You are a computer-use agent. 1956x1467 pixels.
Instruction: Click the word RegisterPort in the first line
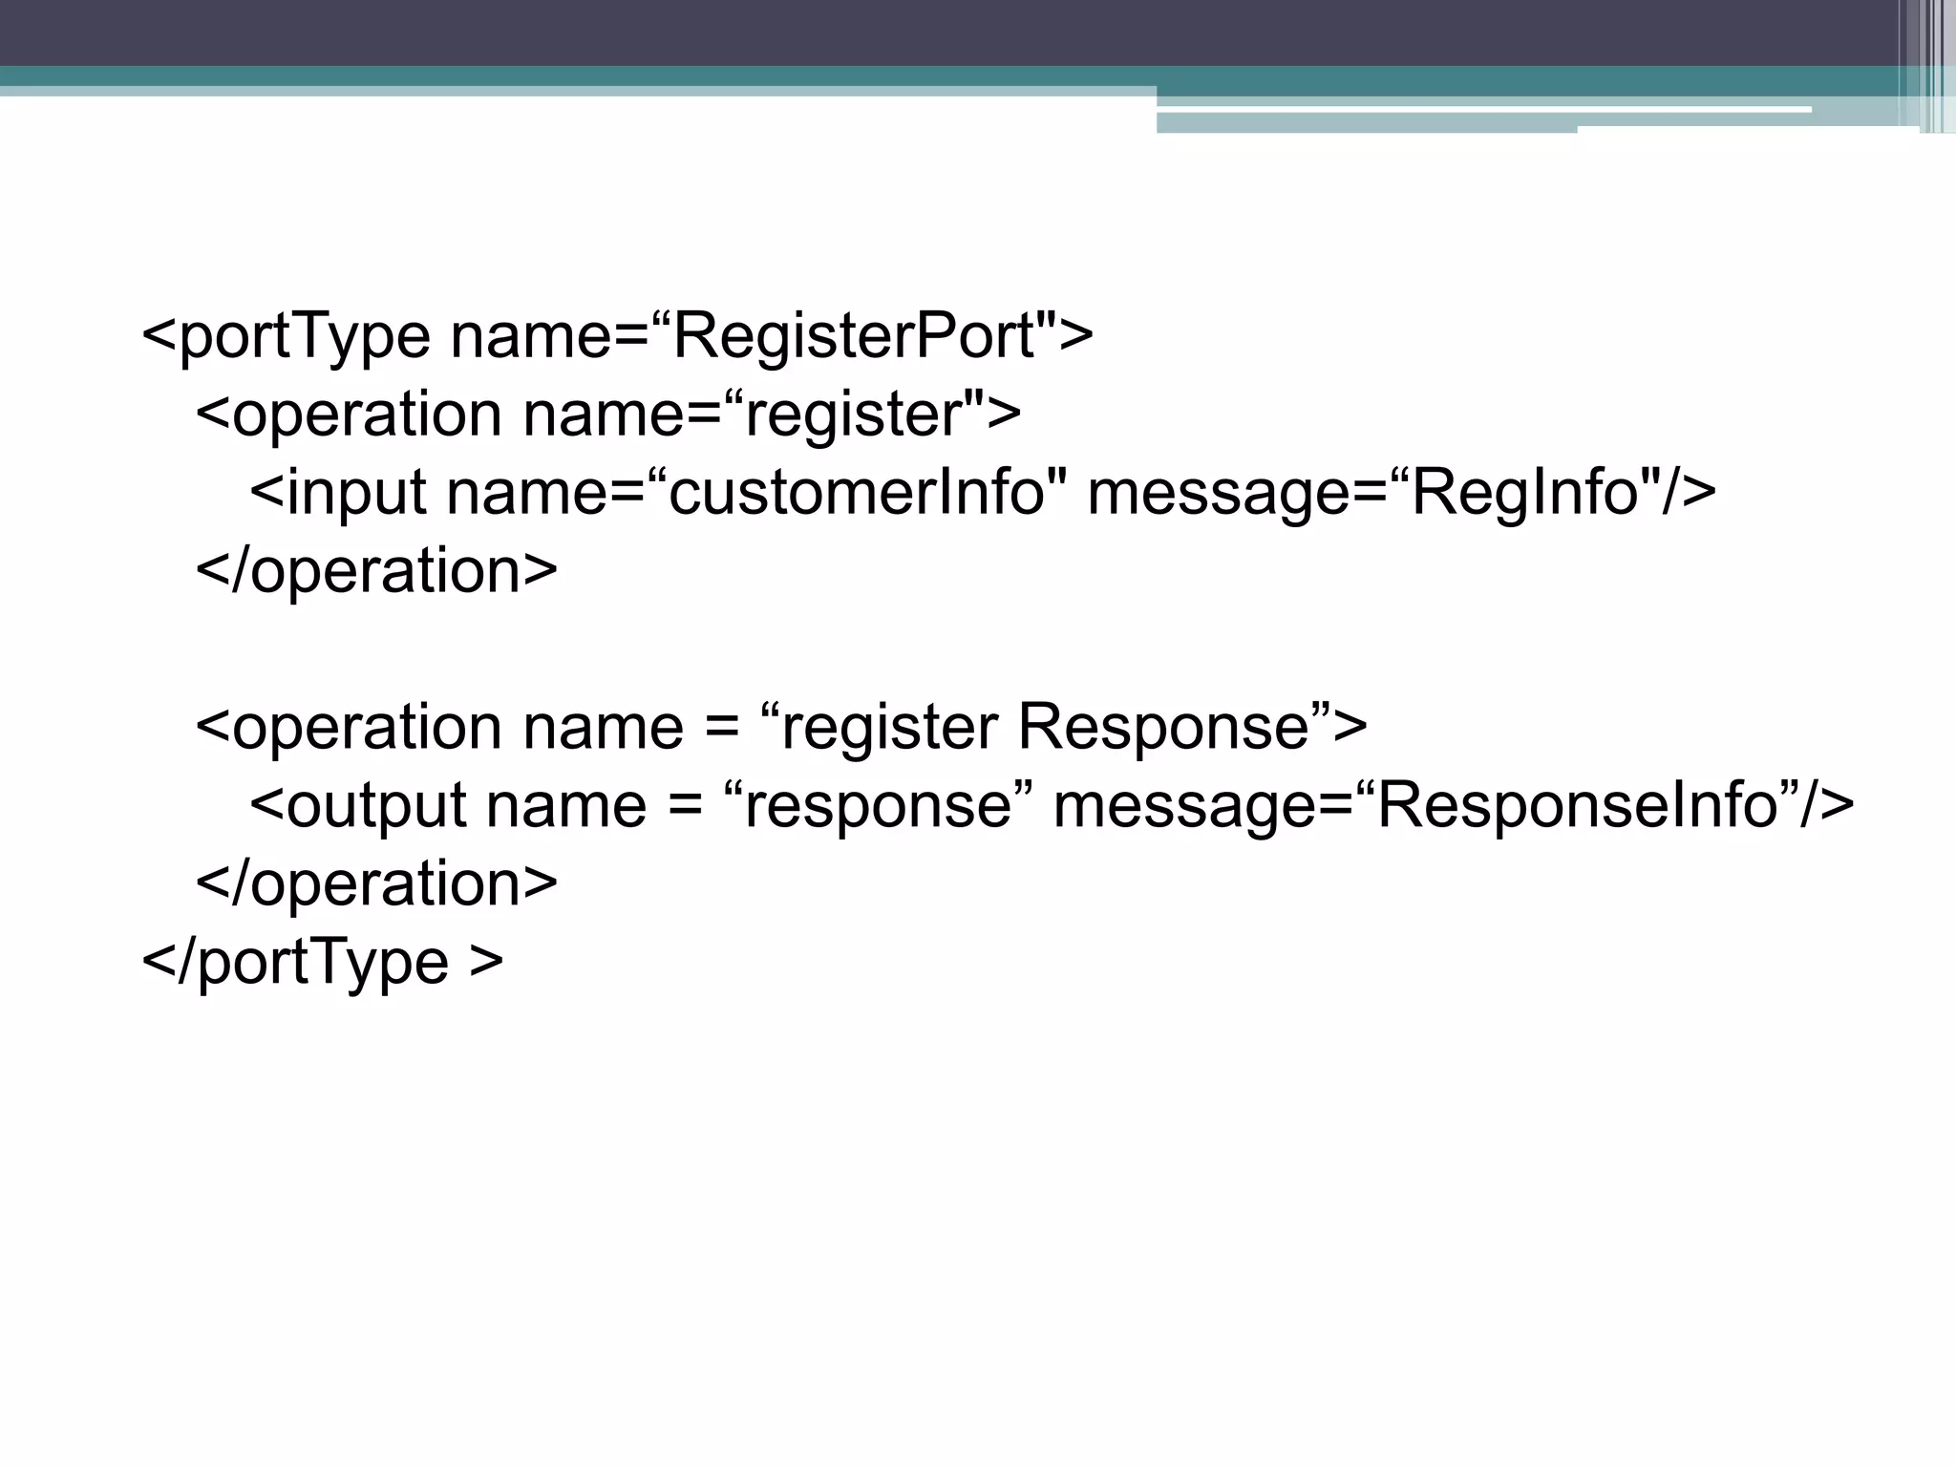855,336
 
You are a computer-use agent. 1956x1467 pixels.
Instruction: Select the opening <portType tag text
287,336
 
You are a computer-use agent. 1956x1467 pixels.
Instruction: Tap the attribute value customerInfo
855,493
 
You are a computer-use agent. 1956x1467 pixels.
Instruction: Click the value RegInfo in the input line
1525,493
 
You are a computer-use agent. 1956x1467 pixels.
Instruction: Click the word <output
357,805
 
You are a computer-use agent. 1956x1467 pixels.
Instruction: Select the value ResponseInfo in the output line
1576,805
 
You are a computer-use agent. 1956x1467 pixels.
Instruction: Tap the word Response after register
1161,727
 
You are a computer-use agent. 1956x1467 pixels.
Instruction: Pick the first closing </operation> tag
376,571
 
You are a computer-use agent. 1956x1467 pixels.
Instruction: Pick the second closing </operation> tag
376,883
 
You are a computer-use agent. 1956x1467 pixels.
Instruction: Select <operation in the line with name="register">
349,415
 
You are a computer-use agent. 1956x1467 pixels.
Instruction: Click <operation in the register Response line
349,727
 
